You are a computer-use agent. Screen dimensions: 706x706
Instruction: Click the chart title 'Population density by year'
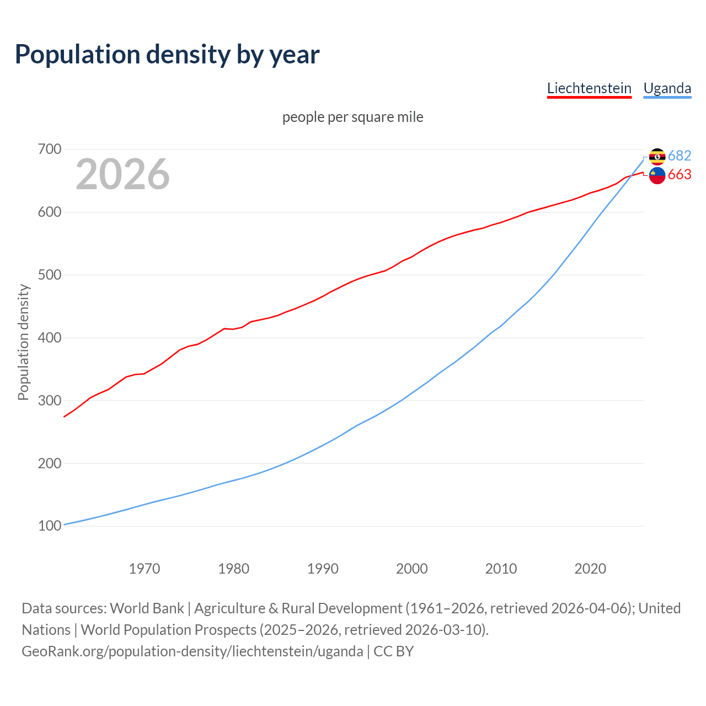(x=167, y=54)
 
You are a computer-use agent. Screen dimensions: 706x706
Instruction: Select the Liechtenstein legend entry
(x=589, y=88)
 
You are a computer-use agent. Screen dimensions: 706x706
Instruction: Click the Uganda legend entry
(x=667, y=88)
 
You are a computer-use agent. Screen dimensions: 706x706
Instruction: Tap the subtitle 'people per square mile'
(x=353, y=117)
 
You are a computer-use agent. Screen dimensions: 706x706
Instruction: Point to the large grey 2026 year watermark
(x=122, y=174)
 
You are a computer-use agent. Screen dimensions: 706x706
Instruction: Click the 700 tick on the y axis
(x=50, y=149)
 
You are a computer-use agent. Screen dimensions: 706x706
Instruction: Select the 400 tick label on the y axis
(x=50, y=338)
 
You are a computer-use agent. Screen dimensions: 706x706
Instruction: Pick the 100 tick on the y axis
(x=50, y=526)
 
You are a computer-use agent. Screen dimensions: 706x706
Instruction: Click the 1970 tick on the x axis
(x=145, y=569)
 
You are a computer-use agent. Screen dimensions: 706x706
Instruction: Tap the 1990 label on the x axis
(x=323, y=569)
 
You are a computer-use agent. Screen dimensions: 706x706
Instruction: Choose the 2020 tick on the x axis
(x=590, y=569)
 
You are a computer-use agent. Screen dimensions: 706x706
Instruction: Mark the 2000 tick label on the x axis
(x=412, y=569)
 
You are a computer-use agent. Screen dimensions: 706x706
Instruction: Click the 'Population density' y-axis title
(x=23, y=342)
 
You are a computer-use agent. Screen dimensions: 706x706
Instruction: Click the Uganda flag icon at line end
(x=657, y=157)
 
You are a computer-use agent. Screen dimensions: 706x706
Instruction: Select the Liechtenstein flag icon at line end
(x=657, y=175)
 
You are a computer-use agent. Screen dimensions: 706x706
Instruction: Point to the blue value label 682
(x=680, y=156)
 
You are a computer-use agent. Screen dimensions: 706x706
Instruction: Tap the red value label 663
(x=680, y=175)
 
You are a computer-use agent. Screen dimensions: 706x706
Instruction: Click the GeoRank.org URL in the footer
(x=192, y=651)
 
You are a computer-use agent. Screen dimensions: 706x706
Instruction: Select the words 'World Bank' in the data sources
(x=147, y=608)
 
